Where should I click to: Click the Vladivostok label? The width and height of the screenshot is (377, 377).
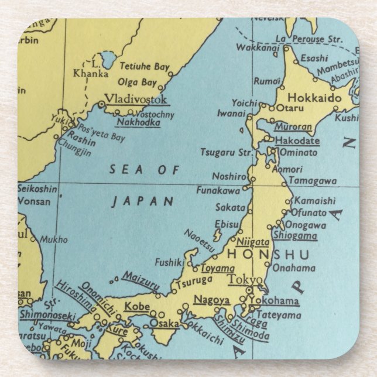pos(136,98)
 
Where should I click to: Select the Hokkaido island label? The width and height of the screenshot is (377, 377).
pos(314,98)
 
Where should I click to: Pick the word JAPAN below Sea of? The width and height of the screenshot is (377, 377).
pos(143,201)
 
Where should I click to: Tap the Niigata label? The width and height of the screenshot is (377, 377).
pos(253,241)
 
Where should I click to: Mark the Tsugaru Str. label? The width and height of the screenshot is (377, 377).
pos(227,153)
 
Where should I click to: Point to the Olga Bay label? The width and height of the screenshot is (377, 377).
pos(137,83)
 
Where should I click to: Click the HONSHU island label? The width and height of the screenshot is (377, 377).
pos(260,255)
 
